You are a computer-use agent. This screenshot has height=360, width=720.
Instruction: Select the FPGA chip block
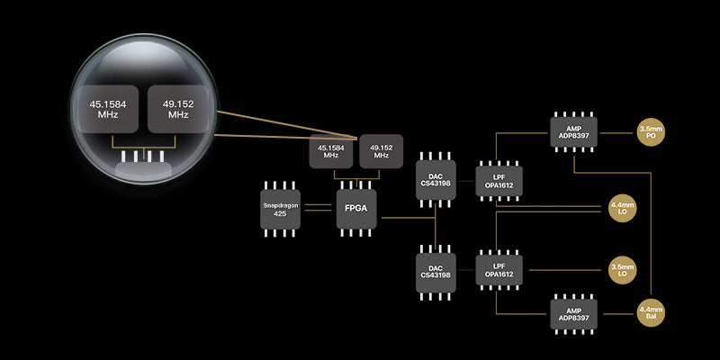[356, 208]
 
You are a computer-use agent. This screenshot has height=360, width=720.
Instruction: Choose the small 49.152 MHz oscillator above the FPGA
[380, 152]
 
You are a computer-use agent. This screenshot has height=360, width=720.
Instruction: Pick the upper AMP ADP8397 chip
[573, 133]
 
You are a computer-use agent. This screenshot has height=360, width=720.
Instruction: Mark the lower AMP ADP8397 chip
[573, 314]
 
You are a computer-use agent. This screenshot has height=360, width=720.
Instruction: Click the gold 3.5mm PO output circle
[650, 133]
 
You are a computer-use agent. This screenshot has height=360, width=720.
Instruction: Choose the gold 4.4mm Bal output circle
[650, 314]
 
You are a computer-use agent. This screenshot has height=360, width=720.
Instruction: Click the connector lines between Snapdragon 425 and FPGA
[318, 208]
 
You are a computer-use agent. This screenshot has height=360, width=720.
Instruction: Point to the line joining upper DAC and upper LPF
[465, 182]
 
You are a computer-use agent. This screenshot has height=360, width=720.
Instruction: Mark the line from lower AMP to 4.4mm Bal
[616, 314]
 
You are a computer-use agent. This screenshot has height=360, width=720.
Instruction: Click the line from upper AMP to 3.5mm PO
[616, 133]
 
